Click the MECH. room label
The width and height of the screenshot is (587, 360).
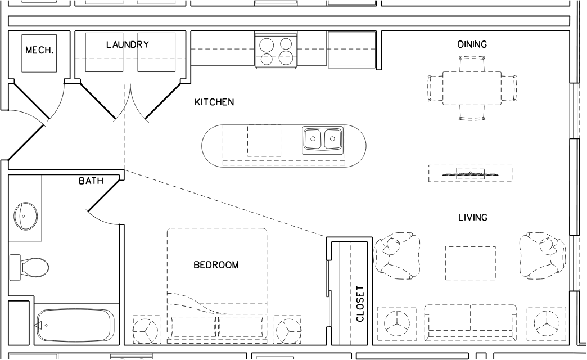coord(39,50)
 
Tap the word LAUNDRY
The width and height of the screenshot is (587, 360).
coord(128,44)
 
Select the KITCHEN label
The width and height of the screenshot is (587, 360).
coord(214,102)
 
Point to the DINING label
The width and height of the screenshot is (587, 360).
coord(472,44)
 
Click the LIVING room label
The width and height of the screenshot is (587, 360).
coord(473,217)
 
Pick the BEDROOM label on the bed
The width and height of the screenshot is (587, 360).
coord(216,265)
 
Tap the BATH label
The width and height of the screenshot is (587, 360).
coord(91,181)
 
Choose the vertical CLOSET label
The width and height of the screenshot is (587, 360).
coord(360,304)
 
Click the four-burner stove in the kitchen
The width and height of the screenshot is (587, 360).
coord(276,51)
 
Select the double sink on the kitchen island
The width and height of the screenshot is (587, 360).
coord(322,139)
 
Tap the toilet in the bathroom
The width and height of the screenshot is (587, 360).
coord(29,267)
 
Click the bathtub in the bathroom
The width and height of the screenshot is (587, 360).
coord(75,325)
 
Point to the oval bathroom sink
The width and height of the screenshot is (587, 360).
coord(26,216)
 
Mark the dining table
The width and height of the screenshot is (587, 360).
coord(472,88)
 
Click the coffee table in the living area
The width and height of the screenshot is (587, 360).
coord(471,263)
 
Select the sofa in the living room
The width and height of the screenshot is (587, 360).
coord(471,322)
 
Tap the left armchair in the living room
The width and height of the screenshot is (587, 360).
coord(397,256)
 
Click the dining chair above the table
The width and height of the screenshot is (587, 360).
coord(472,64)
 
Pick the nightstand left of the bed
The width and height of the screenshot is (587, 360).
coord(147,330)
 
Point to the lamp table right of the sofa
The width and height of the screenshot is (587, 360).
coord(547,323)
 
